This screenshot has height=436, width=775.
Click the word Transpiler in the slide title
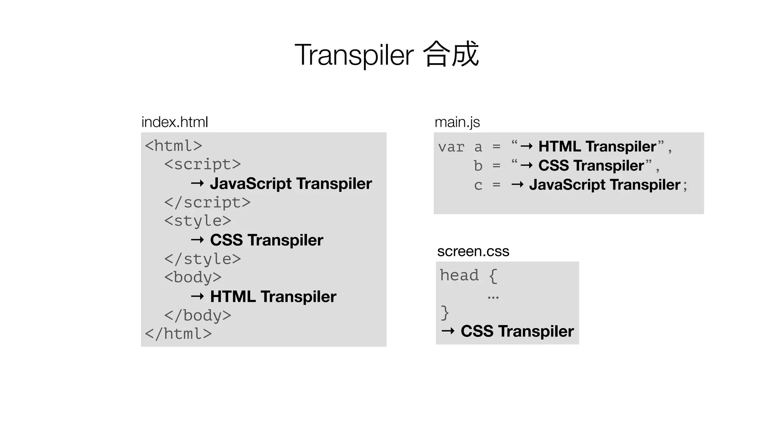pos(354,55)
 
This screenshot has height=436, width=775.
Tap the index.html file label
pos(174,122)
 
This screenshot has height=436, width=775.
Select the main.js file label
pos(457,122)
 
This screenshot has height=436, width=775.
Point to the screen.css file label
pos(473,251)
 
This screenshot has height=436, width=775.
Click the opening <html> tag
pos(173,146)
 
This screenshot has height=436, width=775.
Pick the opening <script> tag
pos(202,165)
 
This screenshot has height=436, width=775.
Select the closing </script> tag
pos(207,202)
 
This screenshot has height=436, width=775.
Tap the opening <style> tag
pos(197,221)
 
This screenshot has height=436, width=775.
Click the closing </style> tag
pos(202,259)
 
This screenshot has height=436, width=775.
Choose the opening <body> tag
pos(193,277)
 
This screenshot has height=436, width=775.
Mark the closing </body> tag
pos(197,316)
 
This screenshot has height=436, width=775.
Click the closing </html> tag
pos(178,334)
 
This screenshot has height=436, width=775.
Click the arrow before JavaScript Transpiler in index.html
pos(198,184)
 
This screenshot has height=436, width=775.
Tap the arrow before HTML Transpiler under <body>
pos(198,296)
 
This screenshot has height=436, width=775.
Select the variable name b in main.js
pos(478,166)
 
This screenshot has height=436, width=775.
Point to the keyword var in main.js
pos(451,147)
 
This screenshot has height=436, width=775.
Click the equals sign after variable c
pos(496,185)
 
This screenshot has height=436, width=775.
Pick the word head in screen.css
pos(459,276)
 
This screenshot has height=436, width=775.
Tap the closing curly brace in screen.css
pos(445,313)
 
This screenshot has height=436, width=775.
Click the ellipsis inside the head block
pos(493,298)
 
